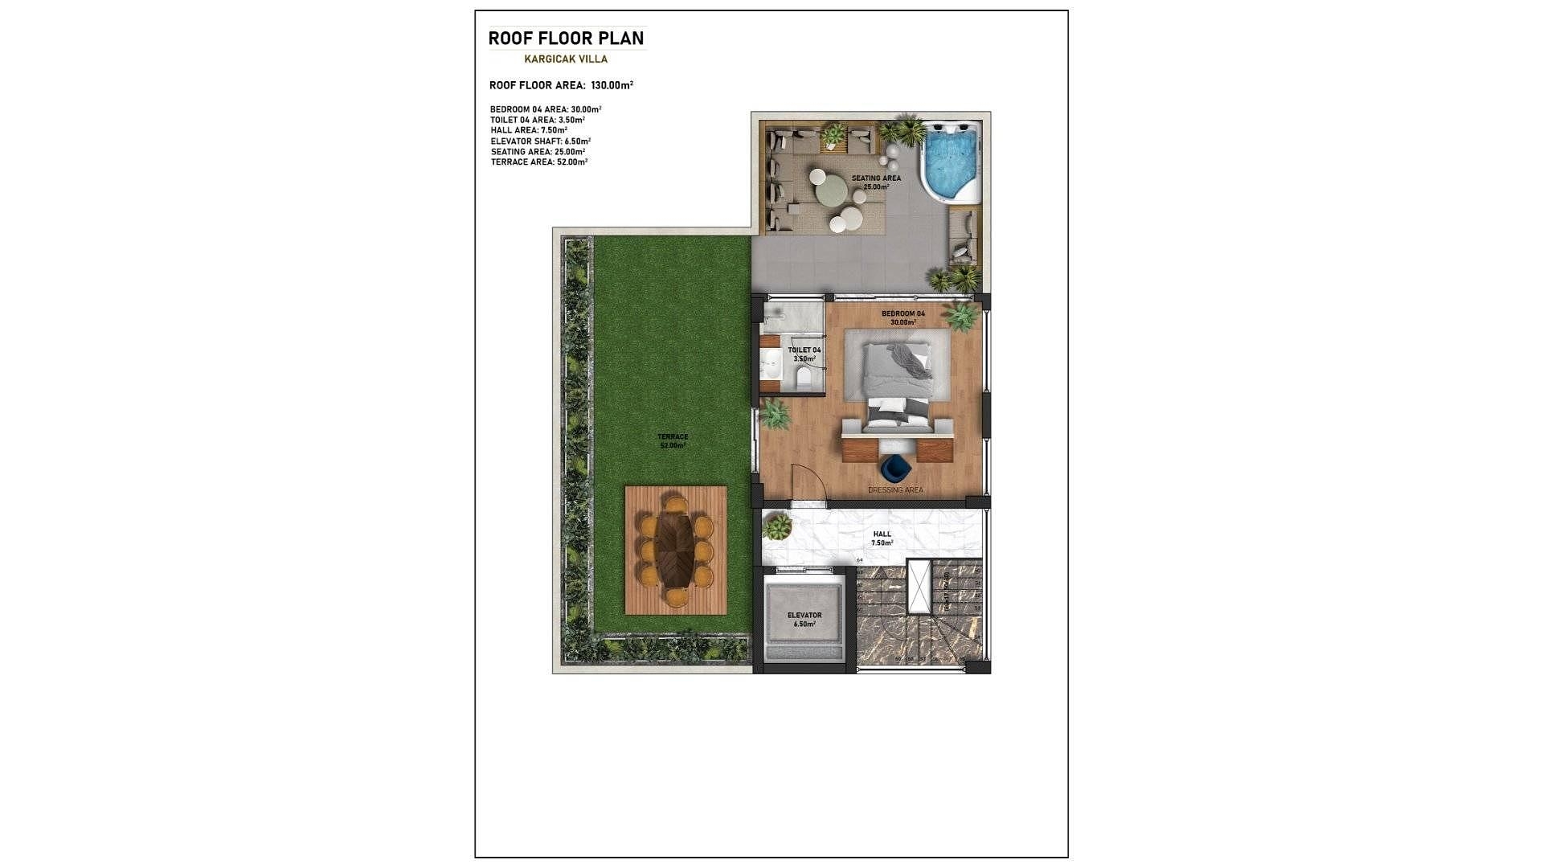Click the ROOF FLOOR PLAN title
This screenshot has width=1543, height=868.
[566, 38]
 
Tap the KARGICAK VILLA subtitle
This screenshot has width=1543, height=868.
[566, 59]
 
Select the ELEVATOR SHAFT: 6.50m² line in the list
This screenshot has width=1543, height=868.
[540, 141]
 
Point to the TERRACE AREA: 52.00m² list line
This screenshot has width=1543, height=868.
[539, 162]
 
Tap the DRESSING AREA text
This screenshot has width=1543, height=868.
[895, 489]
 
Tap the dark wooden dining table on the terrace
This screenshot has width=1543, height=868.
[674, 551]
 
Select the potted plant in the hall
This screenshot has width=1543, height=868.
[777, 527]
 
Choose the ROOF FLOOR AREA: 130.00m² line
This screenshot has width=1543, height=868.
[561, 85]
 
